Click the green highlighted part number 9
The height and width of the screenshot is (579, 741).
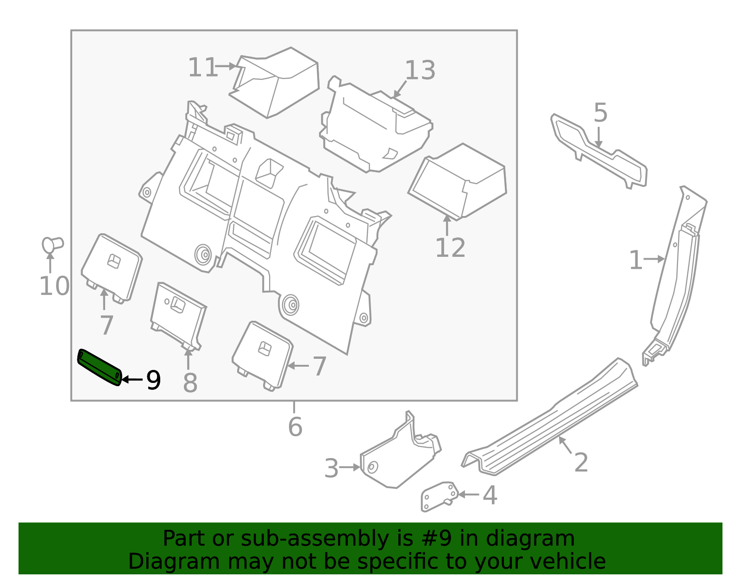(x=99, y=367)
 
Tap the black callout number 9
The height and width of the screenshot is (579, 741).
(x=154, y=380)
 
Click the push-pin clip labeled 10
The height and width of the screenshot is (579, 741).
(x=52, y=244)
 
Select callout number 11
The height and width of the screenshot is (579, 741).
(x=202, y=68)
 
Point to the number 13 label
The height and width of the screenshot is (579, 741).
(x=420, y=70)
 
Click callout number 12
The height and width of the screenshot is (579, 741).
(x=450, y=248)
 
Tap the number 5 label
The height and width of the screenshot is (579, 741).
(x=600, y=113)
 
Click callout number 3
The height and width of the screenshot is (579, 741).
(x=332, y=468)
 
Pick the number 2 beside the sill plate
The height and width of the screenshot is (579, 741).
(x=581, y=463)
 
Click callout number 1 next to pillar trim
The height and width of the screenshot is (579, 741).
(x=636, y=261)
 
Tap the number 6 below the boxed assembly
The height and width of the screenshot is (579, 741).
(x=295, y=427)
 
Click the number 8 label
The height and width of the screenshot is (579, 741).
(x=190, y=383)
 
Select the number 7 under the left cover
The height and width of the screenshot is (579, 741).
(x=107, y=325)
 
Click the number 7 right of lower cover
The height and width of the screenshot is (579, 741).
(x=320, y=367)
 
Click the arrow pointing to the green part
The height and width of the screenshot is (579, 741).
(x=132, y=380)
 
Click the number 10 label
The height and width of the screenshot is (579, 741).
(x=54, y=286)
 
